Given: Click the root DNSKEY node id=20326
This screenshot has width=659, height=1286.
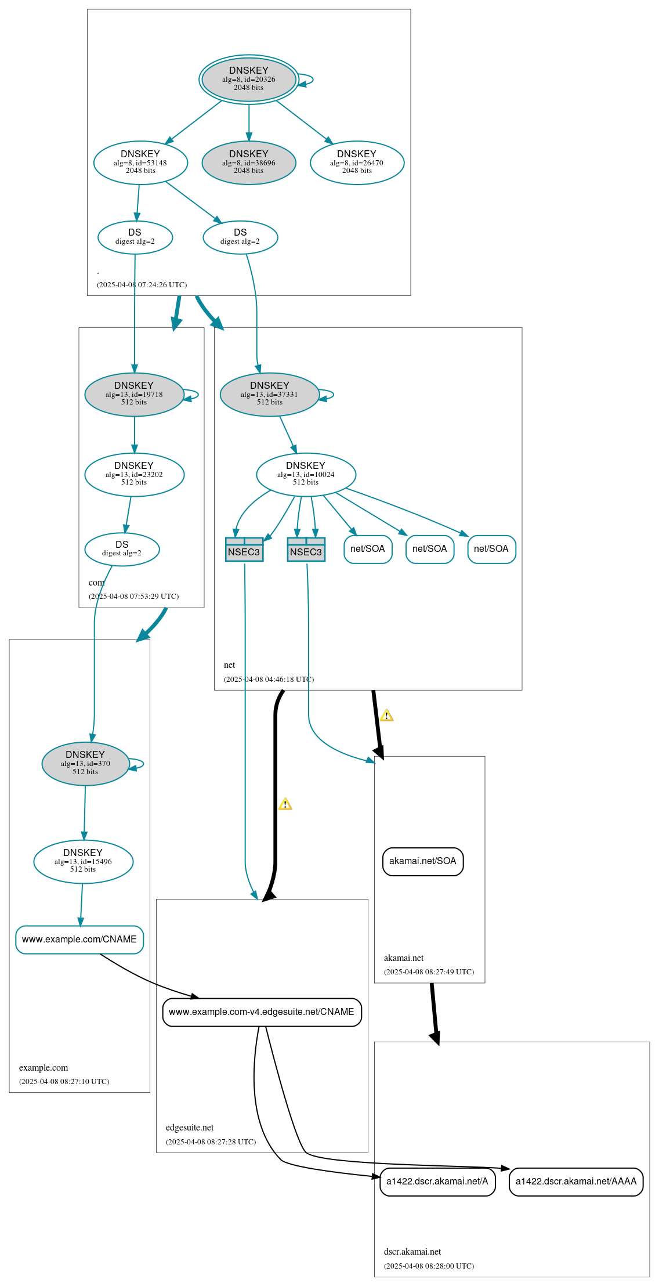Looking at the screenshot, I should [248, 79].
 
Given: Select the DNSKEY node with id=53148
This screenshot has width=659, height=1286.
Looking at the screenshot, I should [140, 162].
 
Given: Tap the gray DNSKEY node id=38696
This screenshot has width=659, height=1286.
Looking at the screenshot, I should [248, 162].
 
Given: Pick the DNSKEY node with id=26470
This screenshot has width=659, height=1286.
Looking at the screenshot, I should [357, 162].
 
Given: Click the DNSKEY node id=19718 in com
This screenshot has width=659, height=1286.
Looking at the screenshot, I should [134, 394].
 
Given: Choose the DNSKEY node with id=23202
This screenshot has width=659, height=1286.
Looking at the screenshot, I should [134, 474].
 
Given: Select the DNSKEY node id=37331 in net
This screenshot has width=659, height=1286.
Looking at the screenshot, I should [269, 394].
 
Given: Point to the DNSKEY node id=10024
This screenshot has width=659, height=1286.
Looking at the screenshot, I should [306, 474].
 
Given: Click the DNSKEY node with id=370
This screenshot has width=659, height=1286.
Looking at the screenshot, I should [85, 763].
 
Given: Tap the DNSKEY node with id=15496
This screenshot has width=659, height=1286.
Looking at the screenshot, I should [83, 861].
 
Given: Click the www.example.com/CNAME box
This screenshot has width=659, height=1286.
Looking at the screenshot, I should [79, 939].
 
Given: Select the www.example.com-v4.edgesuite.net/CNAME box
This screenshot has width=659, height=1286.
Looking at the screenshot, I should [262, 1012].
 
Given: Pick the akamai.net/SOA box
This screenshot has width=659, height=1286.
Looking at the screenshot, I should [423, 861].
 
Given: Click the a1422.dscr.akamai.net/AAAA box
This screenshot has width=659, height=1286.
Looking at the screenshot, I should [576, 1181].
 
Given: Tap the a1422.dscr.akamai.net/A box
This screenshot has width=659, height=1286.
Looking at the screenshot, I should [437, 1181].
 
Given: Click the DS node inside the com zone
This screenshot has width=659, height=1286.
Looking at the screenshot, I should [122, 548].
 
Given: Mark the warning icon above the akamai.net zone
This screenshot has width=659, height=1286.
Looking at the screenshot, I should [387, 716].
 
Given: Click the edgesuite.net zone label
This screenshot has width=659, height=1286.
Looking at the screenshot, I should [190, 1127].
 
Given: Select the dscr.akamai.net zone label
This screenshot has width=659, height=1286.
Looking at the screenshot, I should [412, 1251].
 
